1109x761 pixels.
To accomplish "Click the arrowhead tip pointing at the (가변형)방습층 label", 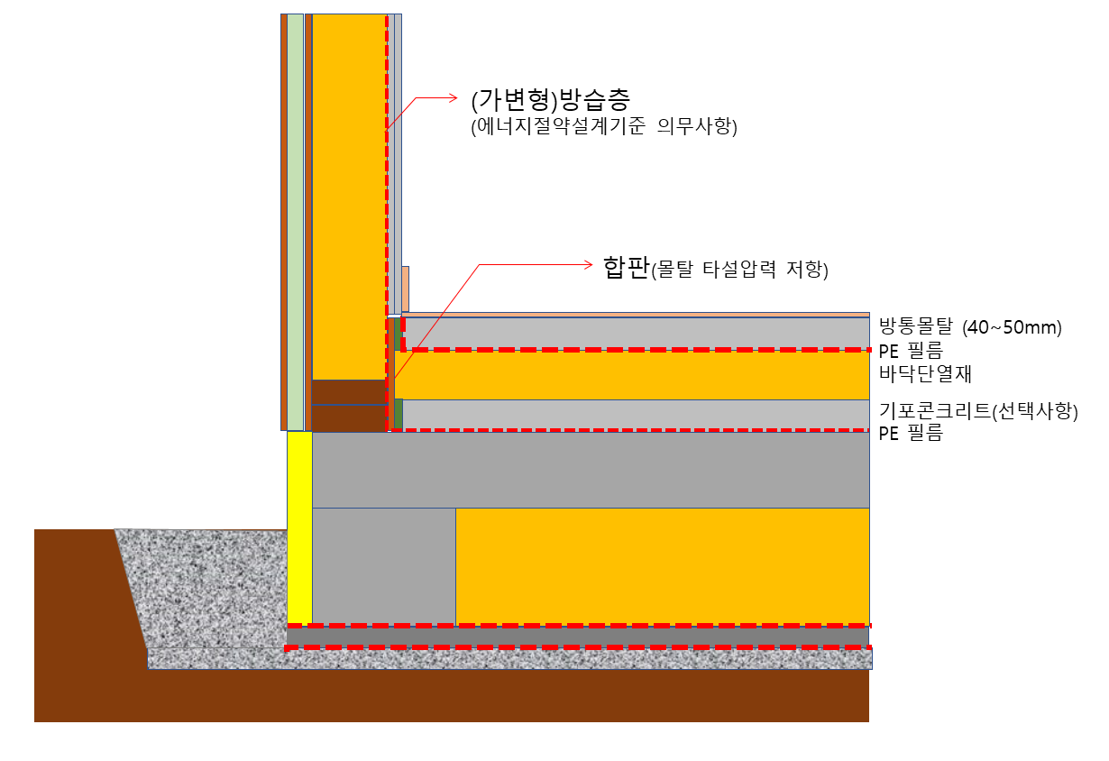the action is tap(457, 98).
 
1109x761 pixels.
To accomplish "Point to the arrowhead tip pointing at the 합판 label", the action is tap(592, 265).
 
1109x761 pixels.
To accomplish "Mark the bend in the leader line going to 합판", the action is tap(479, 265).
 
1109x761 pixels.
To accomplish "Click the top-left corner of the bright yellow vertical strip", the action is tap(288, 432).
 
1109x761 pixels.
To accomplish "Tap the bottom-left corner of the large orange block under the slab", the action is tap(456, 626).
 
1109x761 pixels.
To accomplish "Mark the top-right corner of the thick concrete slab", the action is tap(869, 433).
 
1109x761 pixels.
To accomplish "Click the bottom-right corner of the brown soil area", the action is tap(869, 722).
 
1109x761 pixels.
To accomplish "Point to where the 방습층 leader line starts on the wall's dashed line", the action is tap(387, 130).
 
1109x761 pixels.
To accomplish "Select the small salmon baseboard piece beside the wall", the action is tap(406, 289).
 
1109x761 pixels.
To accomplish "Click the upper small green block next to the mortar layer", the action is tap(398, 335).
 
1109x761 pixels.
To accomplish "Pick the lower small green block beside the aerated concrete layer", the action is tap(399, 414).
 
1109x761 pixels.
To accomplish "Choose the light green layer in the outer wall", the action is tap(295, 223).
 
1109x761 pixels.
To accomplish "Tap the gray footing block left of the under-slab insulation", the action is tap(384, 567).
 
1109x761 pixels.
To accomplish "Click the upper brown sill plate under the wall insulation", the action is tap(349, 392).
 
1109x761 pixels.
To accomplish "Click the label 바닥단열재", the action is tap(925, 374).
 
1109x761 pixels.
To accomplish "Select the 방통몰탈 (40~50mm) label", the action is tap(970, 326).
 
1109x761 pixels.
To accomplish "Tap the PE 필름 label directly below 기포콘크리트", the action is tap(911, 433).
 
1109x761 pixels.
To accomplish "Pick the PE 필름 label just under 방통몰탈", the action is tap(911, 351).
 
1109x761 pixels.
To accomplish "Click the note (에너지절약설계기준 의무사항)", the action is tap(604, 126).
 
